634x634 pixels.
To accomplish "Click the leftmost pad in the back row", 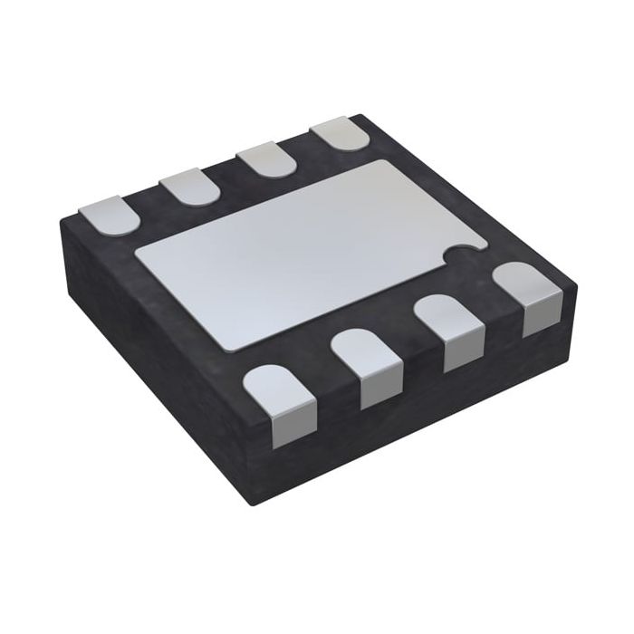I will pyautogui.click(x=108, y=216).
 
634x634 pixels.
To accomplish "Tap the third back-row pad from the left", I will pyautogui.click(x=268, y=160).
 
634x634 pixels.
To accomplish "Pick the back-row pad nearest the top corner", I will pyautogui.click(x=341, y=134).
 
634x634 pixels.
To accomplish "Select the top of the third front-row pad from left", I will pyautogui.click(x=448, y=316).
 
